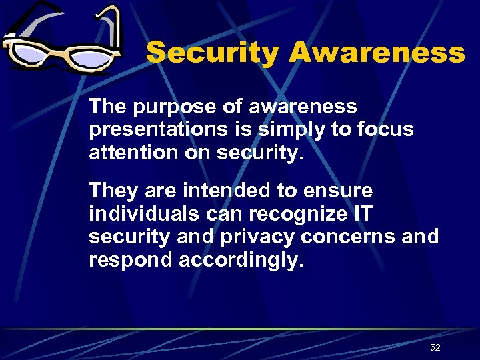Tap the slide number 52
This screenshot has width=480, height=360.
[x=435, y=347]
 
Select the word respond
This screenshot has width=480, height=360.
[x=131, y=259]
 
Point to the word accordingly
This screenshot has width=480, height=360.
[x=241, y=259]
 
